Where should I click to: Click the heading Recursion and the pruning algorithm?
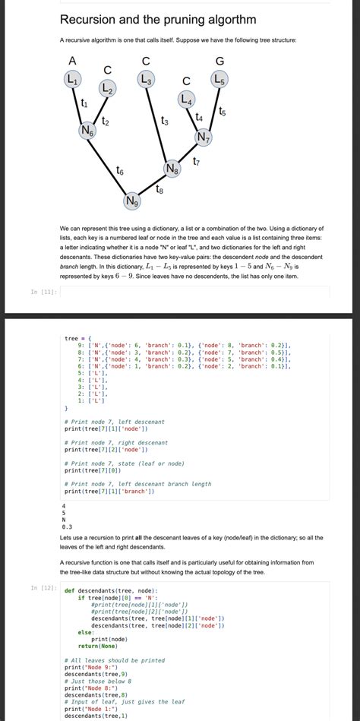click(157, 19)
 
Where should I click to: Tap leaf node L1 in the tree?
click(73, 78)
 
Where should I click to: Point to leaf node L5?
click(219, 78)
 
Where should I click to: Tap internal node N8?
click(172, 167)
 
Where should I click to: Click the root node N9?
click(133, 201)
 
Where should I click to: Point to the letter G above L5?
click(219, 61)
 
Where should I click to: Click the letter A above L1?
click(72, 61)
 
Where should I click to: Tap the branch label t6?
click(121, 170)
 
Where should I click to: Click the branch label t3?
click(165, 121)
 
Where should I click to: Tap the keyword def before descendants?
click(69, 590)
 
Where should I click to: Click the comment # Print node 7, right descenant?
click(115, 442)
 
